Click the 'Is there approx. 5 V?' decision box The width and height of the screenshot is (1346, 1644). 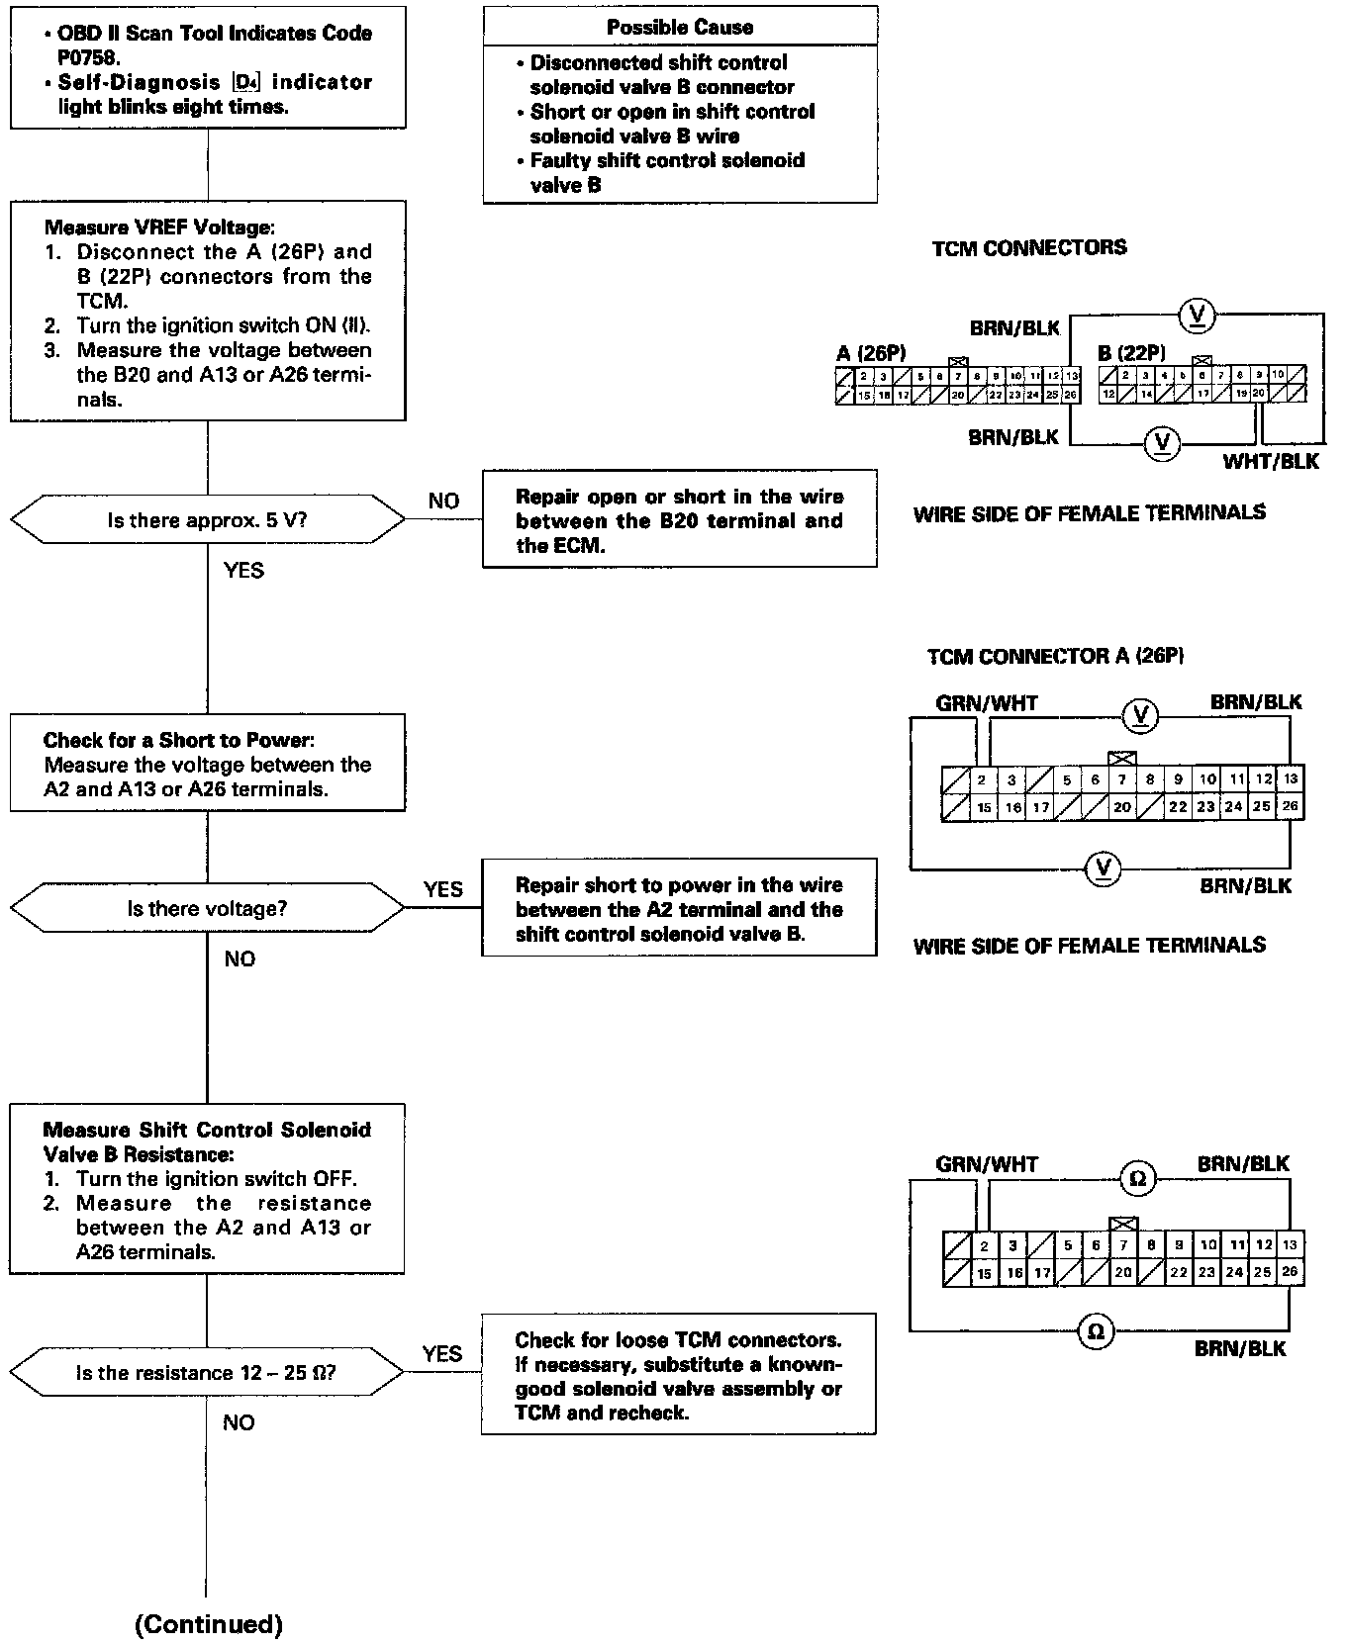point(207,520)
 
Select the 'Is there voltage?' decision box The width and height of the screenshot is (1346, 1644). point(207,908)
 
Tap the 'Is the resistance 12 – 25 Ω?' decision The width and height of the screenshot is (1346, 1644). point(207,1373)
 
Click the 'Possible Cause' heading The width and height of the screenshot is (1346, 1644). point(680,27)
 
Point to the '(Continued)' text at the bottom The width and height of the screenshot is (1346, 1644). point(209,1623)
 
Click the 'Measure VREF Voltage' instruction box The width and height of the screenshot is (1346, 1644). point(208,311)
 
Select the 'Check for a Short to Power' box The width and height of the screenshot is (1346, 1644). point(208,763)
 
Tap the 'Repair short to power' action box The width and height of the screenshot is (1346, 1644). point(679,908)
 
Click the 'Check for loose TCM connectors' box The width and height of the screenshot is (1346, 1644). point(679,1375)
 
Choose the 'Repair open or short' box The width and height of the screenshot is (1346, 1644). point(679,520)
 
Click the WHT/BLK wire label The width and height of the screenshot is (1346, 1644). point(1271,461)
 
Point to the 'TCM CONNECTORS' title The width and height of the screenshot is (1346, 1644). point(1029,247)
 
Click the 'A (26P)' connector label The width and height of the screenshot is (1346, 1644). point(871,353)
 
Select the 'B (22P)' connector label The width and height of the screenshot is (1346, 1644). point(1131,353)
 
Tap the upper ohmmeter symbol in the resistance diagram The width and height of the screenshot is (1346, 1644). point(1137,1178)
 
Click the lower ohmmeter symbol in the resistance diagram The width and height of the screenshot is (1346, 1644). point(1096,1331)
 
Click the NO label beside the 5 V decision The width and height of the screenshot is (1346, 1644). point(443,501)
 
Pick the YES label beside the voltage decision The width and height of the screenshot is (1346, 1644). point(442,889)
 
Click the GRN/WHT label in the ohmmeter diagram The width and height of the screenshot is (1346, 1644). point(987,1164)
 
